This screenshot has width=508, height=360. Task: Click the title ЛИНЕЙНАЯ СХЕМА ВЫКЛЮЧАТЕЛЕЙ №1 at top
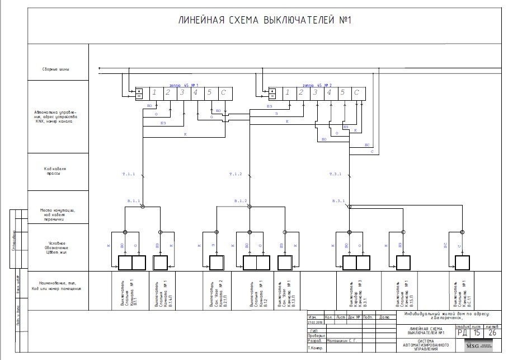coord(264,21)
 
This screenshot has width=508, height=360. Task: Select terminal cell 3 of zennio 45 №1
coord(181,93)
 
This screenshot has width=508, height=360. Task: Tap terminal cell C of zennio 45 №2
coord(356,93)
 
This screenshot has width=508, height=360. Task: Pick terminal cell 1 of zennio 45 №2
coord(287,93)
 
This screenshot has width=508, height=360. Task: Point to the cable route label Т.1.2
coord(236,175)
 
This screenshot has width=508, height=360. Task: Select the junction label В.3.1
coord(338,200)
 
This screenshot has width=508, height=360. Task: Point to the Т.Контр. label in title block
coord(316,348)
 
